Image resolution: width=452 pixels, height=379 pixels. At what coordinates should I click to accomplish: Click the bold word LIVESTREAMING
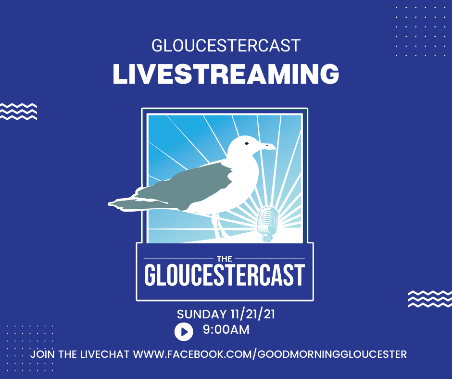coord(226,74)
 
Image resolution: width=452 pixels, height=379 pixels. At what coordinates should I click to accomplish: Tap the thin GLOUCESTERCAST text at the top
coord(226,46)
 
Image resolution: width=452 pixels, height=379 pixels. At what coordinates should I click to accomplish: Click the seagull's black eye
coord(247,143)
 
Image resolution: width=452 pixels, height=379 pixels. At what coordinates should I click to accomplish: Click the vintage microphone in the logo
coord(268,224)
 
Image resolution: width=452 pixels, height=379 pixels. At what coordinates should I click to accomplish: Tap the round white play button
coord(184,332)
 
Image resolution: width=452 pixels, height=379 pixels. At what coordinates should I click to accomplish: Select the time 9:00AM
coord(226,329)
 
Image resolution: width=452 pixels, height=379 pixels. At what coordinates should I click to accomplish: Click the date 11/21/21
coord(253,314)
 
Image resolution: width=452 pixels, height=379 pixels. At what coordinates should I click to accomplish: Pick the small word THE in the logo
coord(225,258)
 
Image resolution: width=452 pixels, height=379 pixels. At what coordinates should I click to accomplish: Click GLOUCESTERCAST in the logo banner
coord(225,275)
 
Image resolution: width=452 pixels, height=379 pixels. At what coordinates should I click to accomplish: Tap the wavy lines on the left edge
coord(18,111)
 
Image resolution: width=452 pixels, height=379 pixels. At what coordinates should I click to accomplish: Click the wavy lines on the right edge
coord(430,299)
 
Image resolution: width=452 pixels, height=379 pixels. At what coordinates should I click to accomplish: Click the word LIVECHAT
coord(105,354)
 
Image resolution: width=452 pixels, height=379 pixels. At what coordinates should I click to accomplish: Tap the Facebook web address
coord(270,354)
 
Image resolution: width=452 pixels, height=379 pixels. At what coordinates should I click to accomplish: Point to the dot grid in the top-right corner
coord(421,31)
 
